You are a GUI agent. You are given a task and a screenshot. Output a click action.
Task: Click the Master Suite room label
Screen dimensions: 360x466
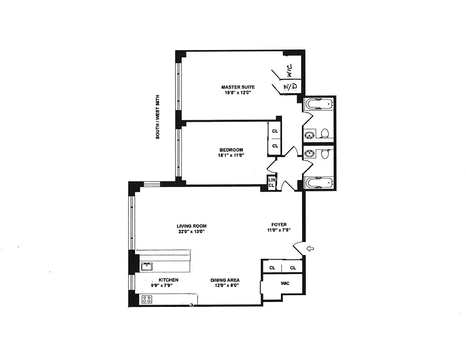point(238,87)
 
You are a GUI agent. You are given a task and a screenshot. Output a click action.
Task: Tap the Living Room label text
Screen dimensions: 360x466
point(191,226)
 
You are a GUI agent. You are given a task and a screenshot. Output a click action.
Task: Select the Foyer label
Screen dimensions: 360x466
point(279,224)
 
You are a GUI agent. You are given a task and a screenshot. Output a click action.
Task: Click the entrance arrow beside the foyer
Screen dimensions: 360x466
point(310,248)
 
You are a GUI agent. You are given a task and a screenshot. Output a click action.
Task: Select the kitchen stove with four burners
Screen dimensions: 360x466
point(146,298)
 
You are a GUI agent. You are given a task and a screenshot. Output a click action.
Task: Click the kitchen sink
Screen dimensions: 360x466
point(147,267)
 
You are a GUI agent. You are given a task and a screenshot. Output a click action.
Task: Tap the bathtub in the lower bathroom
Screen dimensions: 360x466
point(319,183)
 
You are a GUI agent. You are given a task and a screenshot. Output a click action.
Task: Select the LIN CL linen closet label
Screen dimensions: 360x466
point(271,182)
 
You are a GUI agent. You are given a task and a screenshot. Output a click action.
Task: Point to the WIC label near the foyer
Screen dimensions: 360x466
point(285,283)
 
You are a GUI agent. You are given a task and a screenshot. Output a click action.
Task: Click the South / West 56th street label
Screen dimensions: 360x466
point(158,117)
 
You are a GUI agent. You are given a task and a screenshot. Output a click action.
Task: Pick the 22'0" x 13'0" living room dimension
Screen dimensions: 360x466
point(191,232)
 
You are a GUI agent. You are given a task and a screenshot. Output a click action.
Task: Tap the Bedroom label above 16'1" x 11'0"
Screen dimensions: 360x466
point(231,150)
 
